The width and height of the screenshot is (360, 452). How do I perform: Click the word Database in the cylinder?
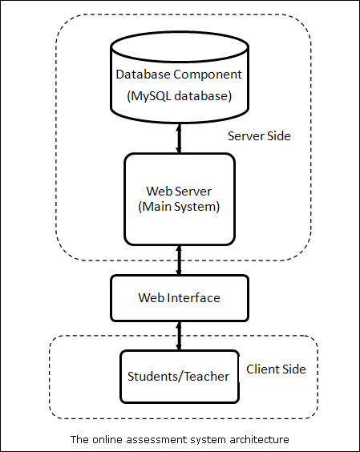click(x=143, y=75)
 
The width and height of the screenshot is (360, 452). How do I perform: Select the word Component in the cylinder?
click(x=208, y=75)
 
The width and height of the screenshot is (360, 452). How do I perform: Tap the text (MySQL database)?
click(x=179, y=96)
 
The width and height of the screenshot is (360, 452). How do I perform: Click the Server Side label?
click(x=259, y=135)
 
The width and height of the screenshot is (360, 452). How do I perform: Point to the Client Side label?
click(x=276, y=369)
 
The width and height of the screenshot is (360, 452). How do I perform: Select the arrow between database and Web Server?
click(x=179, y=139)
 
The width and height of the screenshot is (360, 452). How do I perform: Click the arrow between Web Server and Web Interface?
click(x=179, y=260)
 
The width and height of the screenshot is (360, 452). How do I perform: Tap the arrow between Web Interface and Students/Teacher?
click(x=179, y=336)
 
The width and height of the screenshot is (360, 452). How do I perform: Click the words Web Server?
click(x=179, y=191)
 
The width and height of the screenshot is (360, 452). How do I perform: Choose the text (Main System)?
click(x=179, y=207)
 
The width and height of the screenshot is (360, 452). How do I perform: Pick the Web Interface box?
click(x=180, y=298)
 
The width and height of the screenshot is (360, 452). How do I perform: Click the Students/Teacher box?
click(x=180, y=376)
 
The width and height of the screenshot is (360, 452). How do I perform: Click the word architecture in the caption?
click(x=259, y=440)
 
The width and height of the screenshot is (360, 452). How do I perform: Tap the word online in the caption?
click(x=108, y=440)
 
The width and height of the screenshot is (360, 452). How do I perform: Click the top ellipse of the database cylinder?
click(x=180, y=46)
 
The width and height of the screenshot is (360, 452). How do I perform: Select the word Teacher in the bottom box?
click(x=207, y=377)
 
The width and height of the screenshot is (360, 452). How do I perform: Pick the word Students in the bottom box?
click(x=153, y=377)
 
